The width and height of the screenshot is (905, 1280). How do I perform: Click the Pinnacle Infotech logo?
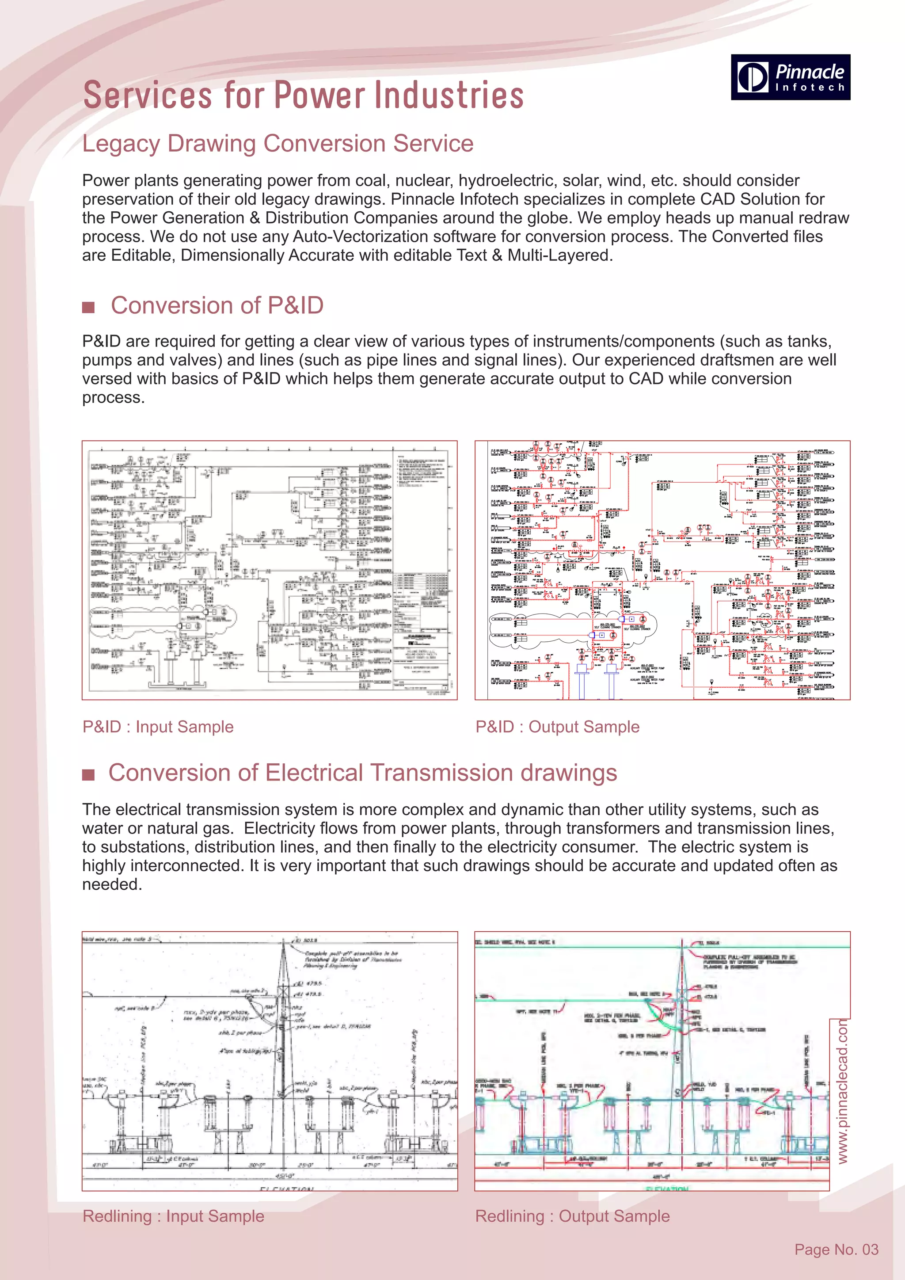(790, 77)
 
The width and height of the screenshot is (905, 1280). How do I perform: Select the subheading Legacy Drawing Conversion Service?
(278, 143)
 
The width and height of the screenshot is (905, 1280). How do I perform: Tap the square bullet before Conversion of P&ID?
(88, 307)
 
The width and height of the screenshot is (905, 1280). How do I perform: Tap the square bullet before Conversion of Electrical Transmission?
(88, 774)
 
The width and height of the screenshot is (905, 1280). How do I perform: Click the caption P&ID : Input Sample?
(158, 727)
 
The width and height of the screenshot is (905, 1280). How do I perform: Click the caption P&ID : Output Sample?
(557, 727)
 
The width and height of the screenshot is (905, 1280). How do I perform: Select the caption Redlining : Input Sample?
(173, 1215)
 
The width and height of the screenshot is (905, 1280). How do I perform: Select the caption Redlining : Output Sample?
(572, 1215)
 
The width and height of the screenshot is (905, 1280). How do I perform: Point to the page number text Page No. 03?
(836, 1250)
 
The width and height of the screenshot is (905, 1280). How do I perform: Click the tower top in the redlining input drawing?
(283, 942)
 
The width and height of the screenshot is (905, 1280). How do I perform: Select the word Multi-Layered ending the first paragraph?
(559, 255)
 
